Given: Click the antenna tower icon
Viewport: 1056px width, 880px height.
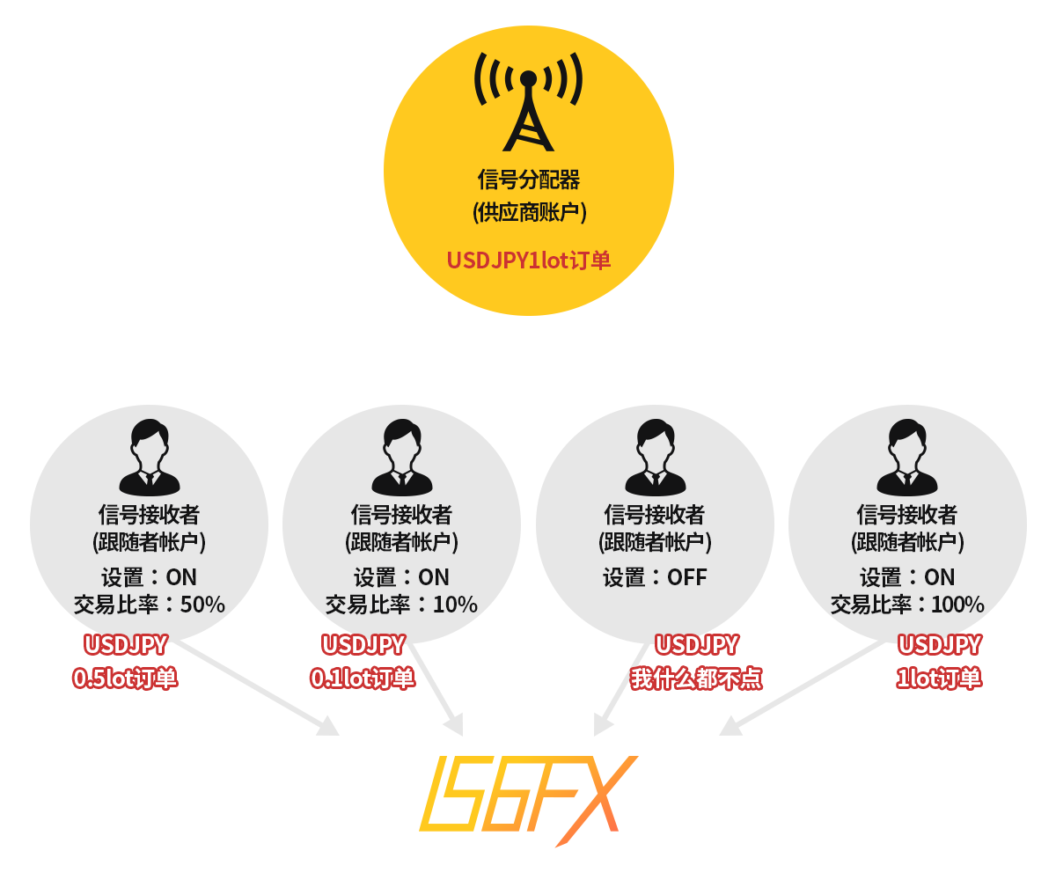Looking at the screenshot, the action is (x=528, y=101).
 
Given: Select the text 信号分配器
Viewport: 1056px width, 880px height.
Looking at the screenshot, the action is (x=529, y=180).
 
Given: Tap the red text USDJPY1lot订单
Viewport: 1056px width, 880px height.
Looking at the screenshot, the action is (x=529, y=260).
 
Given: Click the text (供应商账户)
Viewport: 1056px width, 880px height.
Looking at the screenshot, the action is (x=529, y=212).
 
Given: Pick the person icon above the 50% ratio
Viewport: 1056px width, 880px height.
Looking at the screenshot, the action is (x=150, y=458).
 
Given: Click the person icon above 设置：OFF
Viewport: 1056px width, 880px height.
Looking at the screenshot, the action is (x=656, y=458).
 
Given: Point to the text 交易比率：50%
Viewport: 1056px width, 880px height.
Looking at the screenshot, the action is (x=150, y=604).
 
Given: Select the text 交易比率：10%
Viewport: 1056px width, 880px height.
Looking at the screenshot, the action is (x=401, y=604).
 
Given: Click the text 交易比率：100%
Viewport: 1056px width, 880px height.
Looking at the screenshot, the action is (x=907, y=604).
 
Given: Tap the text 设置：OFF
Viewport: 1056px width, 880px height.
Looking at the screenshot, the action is (x=655, y=576).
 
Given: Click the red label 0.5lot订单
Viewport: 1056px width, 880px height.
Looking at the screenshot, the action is (x=125, y=678).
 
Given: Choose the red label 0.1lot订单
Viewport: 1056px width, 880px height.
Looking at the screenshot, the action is (x=363, y=678).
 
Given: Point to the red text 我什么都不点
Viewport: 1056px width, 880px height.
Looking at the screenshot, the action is (x=696, y=678).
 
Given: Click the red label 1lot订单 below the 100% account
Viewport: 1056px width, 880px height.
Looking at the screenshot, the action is (x=939, y=678).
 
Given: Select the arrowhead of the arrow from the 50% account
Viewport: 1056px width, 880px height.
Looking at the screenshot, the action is (x=329, y=727).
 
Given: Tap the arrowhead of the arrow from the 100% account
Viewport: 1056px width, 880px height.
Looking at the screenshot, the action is (x=729, y=727).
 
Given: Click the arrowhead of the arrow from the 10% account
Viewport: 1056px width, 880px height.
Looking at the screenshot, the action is (x=455, y=725).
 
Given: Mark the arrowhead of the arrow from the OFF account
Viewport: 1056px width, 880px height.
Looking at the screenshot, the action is (x=602, y=725).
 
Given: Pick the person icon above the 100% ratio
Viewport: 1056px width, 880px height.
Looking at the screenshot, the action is (x=907, y=458).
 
